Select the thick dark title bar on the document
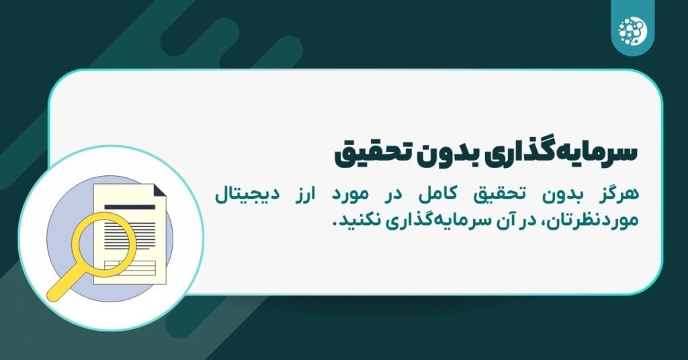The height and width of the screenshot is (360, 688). point(130,208)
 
